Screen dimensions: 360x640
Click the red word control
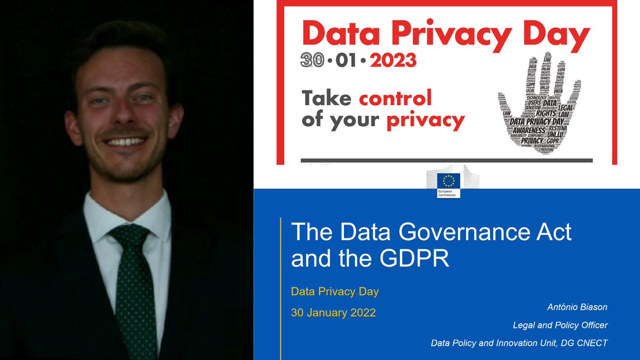pyautogui.click(x=395, y=98)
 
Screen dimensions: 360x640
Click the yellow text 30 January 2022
pyautogui.click(x=333, y=313)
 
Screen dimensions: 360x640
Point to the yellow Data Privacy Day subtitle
pyautogui.click(x=335, y=292)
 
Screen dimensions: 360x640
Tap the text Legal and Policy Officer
pyautogui.click(x=560, y=325)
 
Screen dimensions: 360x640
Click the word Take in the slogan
pyautogui.click(x=327, y=98)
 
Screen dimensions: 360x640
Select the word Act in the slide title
pyautogui.click(x=554, y=233)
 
